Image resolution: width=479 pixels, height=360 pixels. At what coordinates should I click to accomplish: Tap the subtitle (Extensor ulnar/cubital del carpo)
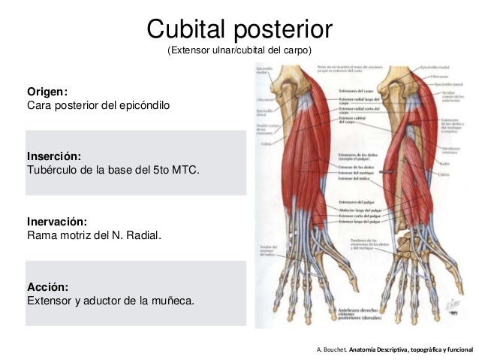coord(239,51)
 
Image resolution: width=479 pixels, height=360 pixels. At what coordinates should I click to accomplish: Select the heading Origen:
coord(47,92)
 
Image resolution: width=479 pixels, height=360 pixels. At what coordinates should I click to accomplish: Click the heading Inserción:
coord(53,156)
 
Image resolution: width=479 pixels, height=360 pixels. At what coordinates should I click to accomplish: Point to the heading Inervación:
coord(57,222)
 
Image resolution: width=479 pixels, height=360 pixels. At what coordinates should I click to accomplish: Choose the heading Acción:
coord(48,287)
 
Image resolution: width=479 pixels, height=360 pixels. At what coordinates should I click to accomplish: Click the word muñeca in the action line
coord(172,301)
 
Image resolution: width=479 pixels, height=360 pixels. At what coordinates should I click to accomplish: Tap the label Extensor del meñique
coord(356,172)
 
